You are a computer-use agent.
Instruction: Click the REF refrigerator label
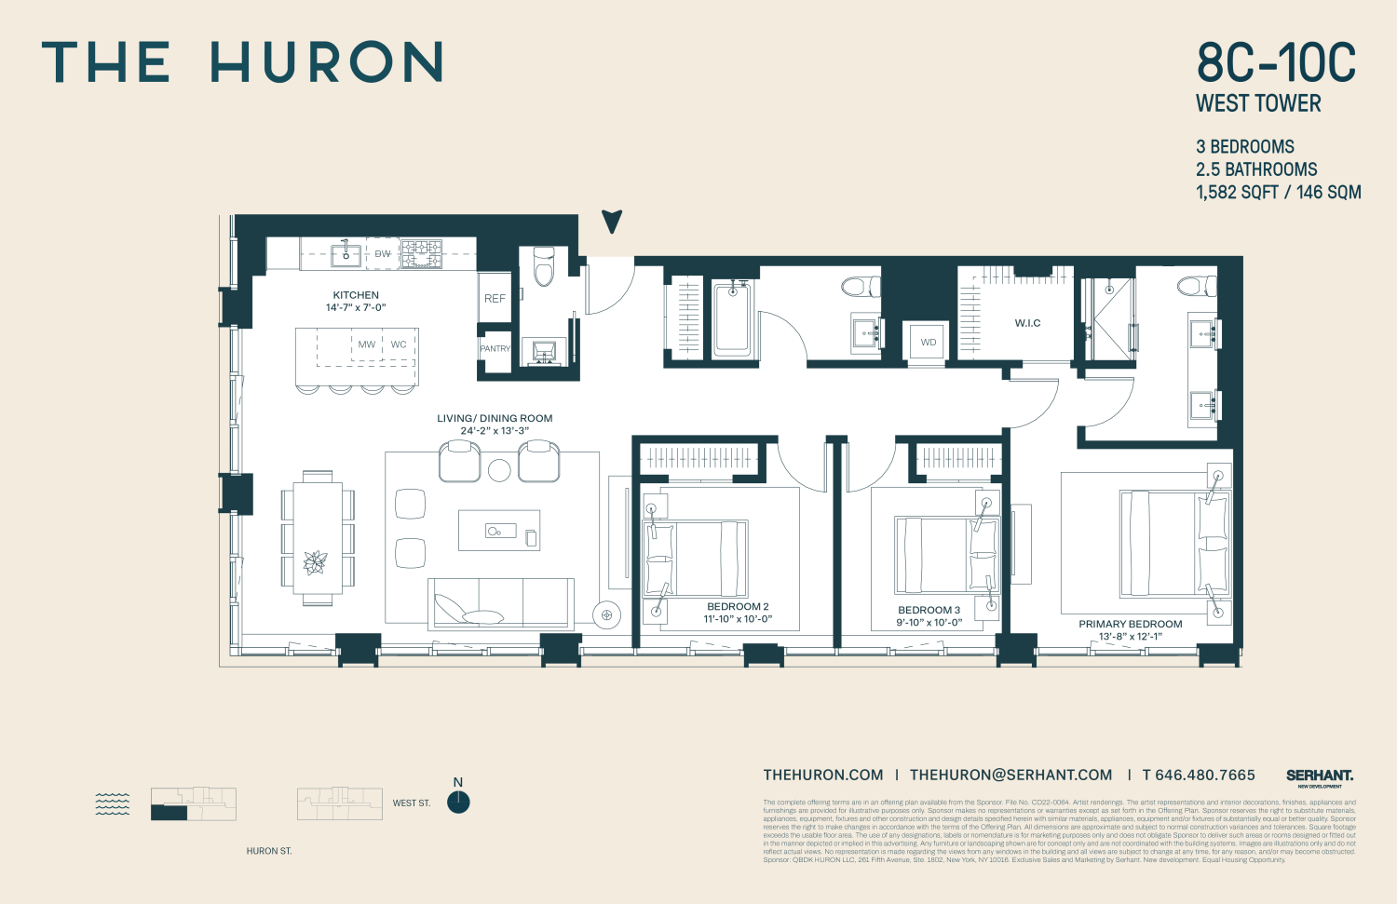coord(495,299)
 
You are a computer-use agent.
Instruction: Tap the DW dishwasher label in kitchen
coord(383,254)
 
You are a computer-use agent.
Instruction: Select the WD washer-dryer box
coord(929,343)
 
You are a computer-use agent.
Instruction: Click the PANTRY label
coord(495,349)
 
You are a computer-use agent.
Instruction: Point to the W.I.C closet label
coord(1027,323)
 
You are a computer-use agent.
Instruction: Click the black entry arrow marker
coord(612,222)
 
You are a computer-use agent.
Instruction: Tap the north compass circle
coord(458,803)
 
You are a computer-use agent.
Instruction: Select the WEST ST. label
coord(411,803)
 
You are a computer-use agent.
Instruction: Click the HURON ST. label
coord(269,851)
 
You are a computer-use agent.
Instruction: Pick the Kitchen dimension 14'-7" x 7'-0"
coord(356,307)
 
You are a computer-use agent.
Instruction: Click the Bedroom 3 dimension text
coord(929,623)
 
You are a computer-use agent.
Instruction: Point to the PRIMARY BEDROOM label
coord(1130,625)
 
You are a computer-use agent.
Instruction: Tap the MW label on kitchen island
coord(367,344)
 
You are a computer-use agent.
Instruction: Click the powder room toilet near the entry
coord(543,266)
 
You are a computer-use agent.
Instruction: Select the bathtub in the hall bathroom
coord(732,320)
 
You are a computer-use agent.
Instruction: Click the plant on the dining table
coord(316,562)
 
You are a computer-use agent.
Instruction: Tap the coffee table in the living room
coord(498,531)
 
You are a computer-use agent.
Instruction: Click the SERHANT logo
coord(1320,776)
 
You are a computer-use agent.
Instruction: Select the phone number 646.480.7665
coord(1199,776)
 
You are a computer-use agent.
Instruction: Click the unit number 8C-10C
coord(1276,63)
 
